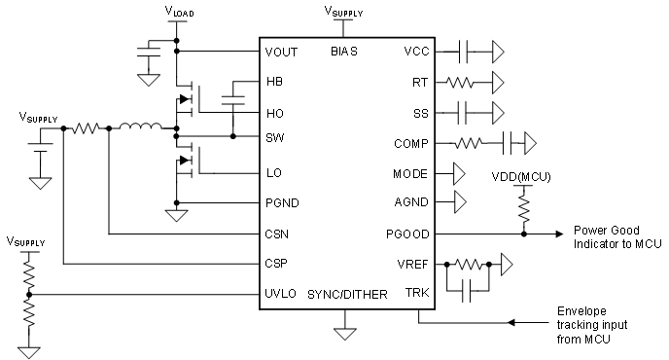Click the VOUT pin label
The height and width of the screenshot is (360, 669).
pos(282,52)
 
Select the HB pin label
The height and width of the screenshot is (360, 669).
pos(274,82)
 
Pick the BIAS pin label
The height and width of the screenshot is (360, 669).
pos(344,52)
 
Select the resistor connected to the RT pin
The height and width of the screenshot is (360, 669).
pos(465,82)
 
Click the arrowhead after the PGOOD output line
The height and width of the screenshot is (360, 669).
pos(557,234)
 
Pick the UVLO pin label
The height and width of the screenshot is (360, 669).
pos(280,293)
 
